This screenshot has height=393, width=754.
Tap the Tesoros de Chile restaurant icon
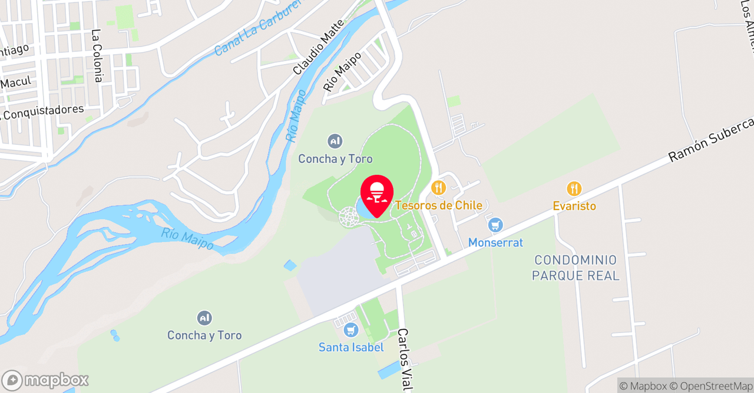point(438,188)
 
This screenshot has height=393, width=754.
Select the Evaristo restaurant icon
point(574,189)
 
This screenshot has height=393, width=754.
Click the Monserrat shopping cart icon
point(495,225)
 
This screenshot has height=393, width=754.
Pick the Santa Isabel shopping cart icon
point(351,330)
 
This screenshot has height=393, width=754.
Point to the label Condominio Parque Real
point(576,268)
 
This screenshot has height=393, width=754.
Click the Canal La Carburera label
point(257,29)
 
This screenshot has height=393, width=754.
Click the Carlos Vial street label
point(404,359)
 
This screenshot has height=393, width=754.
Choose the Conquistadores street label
point(42,111)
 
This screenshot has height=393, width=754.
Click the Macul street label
point(16,82)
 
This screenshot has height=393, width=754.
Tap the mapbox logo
point(45,380)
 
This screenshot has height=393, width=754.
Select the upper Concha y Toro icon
point(335,141)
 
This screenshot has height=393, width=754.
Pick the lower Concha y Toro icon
point(204,318)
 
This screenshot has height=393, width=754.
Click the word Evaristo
point(574,206)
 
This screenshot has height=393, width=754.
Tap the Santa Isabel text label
point(351,347)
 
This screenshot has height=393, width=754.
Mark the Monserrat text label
point(495,242)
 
